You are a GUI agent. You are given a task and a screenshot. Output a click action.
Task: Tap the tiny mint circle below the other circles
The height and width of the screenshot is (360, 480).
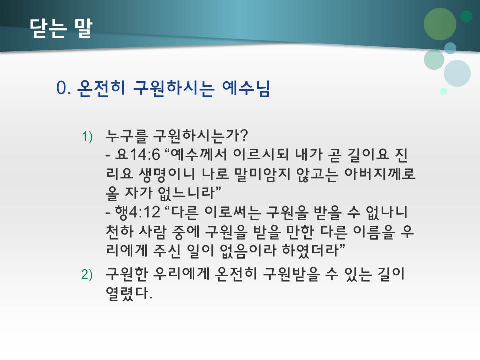point(443,91)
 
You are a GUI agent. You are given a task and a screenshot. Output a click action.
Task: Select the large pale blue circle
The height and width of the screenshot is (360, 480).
point(457,73)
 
